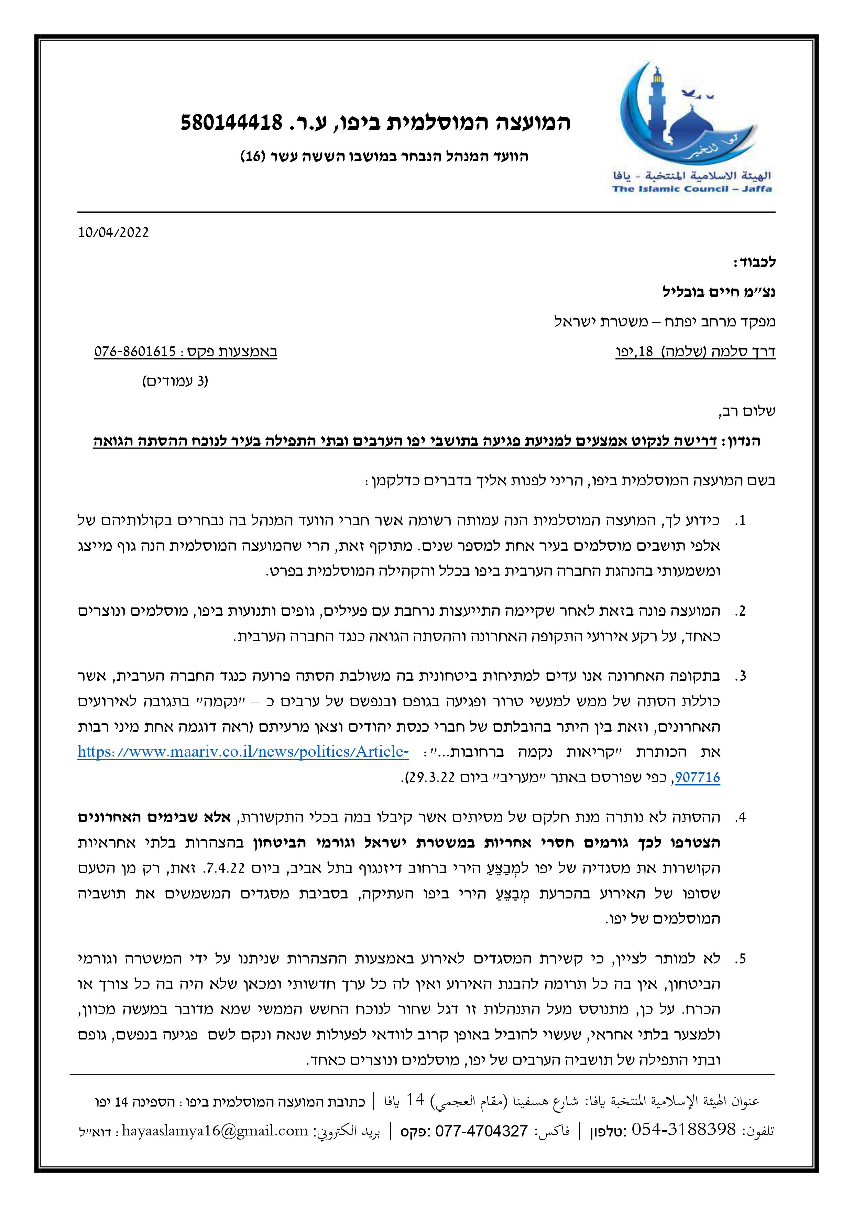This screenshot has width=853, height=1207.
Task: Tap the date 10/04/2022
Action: click(x=113, y=233)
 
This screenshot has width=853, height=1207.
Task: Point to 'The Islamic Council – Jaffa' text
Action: click(x=692, y=189)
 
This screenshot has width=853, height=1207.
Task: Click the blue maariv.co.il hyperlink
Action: click(x=243, y=752)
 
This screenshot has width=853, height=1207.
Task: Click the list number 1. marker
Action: click(x=740, y=521)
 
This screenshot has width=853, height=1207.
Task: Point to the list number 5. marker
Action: click(x=740, y=958)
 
